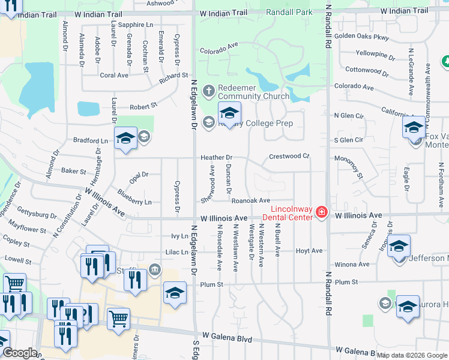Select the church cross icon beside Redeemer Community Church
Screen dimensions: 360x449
[209, 91]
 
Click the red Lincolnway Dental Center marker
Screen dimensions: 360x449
[322, 212]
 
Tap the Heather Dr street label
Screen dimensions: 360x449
[216, 157]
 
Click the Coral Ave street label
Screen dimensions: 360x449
[114, 76]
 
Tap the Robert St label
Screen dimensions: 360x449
[143, 105]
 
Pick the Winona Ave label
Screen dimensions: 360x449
[352, 264]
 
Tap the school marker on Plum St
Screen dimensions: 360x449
[175, 293]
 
